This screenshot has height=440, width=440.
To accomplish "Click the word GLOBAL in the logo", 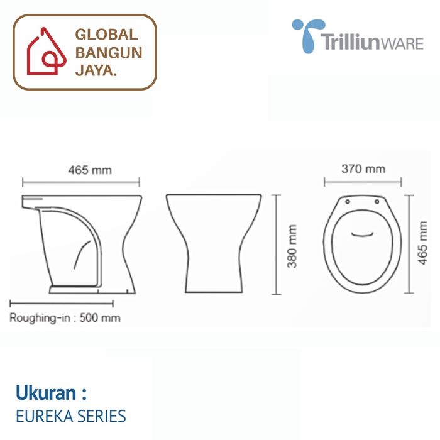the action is coord(107,35).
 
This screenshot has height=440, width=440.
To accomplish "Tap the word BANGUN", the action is coord(109,53).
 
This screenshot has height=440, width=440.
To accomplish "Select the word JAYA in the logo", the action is coord(94,70).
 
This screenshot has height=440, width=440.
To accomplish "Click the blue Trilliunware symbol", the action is coord(308,35).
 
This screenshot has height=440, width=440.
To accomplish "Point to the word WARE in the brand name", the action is coord(402,44).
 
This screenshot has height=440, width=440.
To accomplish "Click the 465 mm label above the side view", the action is coord(90,170).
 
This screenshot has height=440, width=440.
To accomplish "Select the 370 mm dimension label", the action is coord(363,169).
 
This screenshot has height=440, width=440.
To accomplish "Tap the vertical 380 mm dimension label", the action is coord(292,246).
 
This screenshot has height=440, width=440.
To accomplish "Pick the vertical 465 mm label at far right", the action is coord(422,243).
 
